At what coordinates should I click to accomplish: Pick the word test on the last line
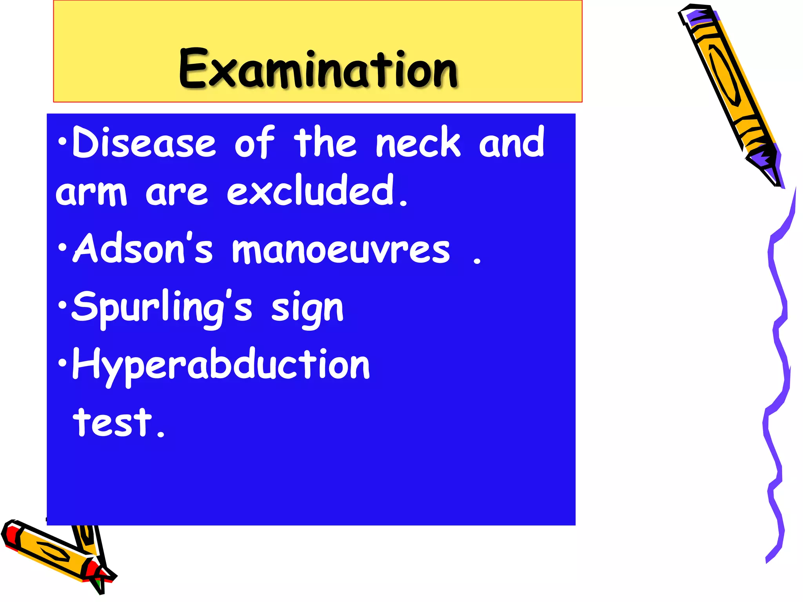click(x=113, y=422)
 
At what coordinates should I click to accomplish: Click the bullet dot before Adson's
click(x=62, y=248)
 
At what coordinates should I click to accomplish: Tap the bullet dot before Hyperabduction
click(x=62, y=363)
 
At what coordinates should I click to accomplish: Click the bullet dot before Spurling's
click(x=62, y=305)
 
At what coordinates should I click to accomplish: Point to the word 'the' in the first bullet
click(x=325, y=142)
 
